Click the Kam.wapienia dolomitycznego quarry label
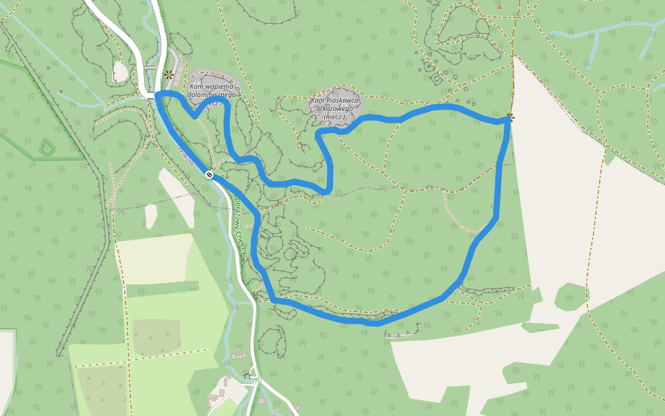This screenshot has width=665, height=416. (x=212, y=94)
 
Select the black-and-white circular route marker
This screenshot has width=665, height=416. (x=209, y=175)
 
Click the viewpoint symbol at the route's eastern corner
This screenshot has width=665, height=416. (x=511, y=117)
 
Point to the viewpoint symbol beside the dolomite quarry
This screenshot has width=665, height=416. (x=168, y=74)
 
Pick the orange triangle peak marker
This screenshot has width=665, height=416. (x=499, y=6)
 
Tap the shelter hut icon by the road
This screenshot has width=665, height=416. (x=247, y=375)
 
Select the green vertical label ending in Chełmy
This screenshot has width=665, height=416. (x=240, y=225)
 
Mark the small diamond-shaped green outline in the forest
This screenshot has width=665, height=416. (x=46, y=147)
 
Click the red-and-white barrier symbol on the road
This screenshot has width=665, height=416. (x=150, y=68)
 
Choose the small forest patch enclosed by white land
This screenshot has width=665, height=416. (x=569, y=296)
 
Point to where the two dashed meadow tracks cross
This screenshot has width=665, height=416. (x=128, y=362)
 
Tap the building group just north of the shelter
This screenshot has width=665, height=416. (x=240, y=355)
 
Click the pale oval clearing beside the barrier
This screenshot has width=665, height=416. (x=121, y=71)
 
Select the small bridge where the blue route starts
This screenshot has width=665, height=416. (x=150, y=96)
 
